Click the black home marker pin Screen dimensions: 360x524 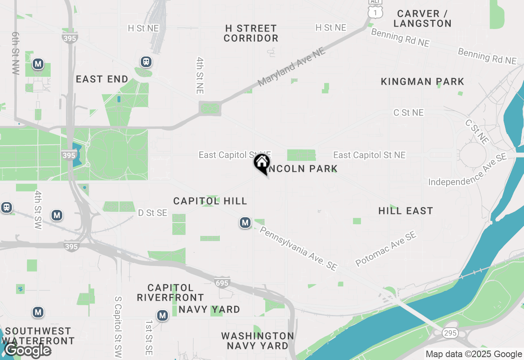262,163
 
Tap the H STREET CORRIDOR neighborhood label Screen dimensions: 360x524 251,34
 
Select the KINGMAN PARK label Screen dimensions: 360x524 422,82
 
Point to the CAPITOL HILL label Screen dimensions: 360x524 210,201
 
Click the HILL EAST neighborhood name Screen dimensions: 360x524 405,211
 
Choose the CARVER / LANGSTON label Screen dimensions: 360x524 422,18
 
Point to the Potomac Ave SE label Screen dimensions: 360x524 386,249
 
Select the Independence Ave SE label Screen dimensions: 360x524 468,169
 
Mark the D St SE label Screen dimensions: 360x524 153,213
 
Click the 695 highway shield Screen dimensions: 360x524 222,283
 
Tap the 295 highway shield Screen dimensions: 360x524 450,333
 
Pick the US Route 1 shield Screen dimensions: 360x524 375,12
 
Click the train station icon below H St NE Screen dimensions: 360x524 146,62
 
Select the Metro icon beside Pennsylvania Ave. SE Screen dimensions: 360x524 245,223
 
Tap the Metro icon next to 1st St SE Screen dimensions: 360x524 163,315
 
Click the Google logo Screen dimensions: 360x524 28,350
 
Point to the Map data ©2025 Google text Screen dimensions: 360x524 474,354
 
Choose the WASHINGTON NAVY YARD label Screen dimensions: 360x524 257,341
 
